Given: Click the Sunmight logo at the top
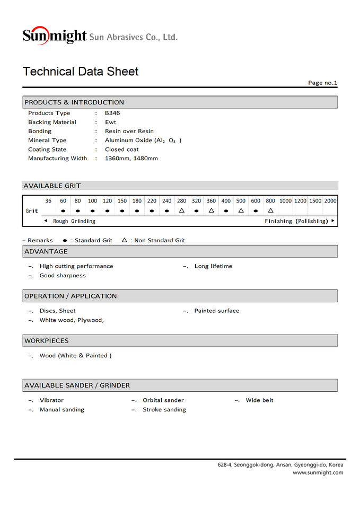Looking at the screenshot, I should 55,36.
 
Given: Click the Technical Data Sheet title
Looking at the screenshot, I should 81,72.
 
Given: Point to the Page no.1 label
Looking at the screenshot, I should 322,83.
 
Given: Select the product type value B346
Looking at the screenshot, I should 112,113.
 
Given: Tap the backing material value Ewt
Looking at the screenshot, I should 110,122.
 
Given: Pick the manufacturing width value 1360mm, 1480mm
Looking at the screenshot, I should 131,159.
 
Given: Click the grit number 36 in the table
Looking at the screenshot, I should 48,201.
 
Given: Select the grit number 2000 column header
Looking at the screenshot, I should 330,201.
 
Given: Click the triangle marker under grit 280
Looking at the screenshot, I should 181,210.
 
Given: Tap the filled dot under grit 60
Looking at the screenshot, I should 63,210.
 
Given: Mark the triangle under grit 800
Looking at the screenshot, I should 270,210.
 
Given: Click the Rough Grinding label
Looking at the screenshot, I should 74,221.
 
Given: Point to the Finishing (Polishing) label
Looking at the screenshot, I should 296,221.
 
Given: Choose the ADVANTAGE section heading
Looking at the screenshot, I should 46,251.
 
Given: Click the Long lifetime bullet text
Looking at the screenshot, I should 213,266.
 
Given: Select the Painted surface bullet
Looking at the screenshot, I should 216,311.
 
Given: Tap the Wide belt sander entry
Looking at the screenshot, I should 259,400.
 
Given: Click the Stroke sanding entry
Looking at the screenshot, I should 164,410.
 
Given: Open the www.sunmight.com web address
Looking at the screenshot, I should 318,472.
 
